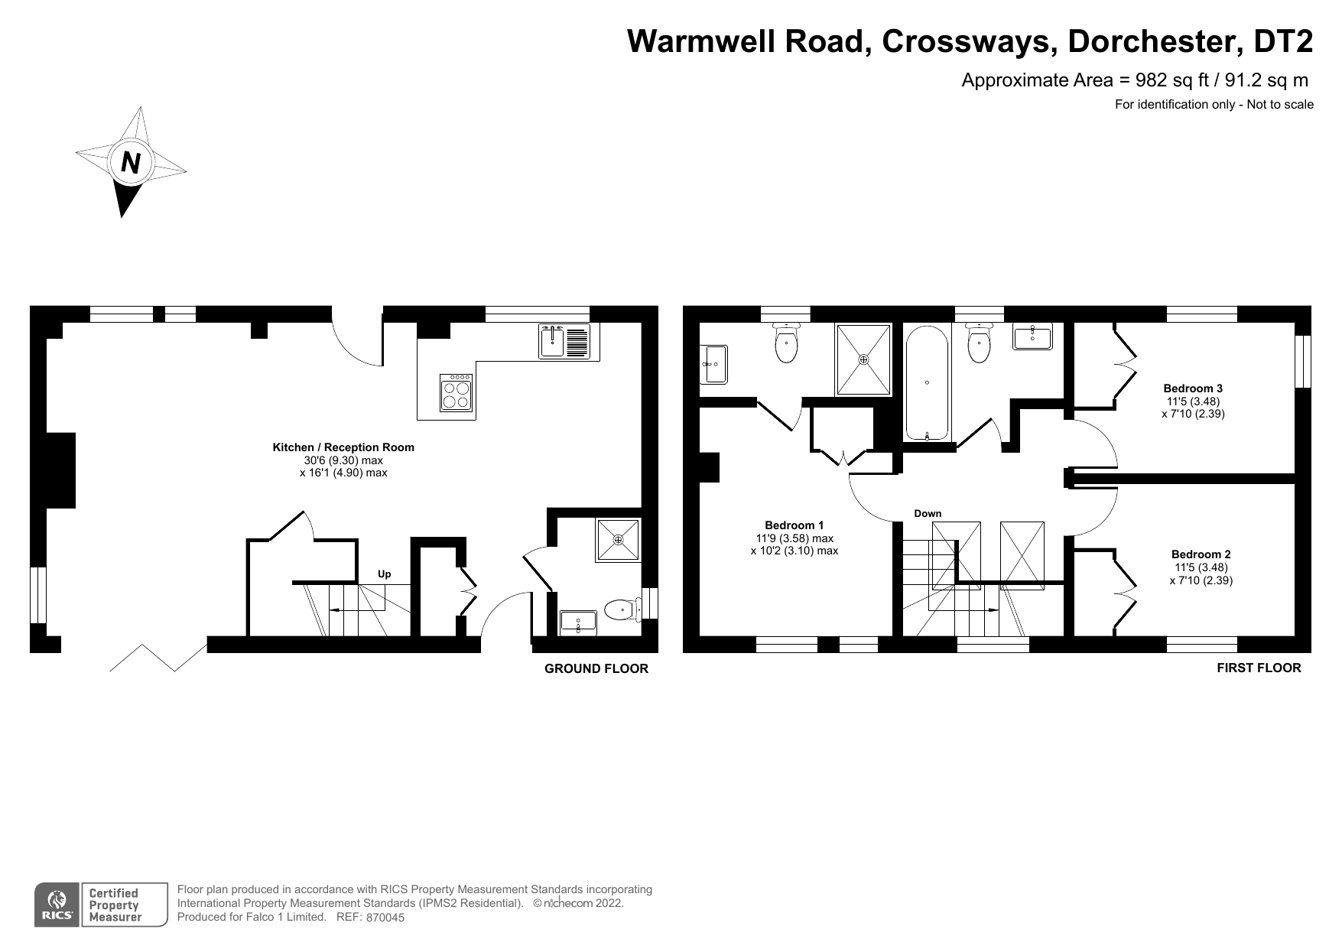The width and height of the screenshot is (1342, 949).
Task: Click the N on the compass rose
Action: tap(131, 162)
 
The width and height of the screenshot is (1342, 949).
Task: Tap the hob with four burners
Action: tap(456, 392)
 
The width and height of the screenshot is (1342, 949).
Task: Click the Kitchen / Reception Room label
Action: tap(343, 447)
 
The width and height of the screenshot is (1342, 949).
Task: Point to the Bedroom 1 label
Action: tap(794, 525)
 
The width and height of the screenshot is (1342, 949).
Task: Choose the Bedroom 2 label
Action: tap(1201, 554)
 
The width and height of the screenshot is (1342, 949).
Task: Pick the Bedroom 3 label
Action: tap(1193, 388)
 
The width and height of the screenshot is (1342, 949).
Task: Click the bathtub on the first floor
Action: tap(928, 383)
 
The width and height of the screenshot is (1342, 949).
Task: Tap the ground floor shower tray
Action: tap(618, 540)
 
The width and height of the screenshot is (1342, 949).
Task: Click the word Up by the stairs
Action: tap(385, 574)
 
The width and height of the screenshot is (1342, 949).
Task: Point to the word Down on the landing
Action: tap(928, 513)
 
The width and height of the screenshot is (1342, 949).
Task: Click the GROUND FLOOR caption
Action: tap(596, 668)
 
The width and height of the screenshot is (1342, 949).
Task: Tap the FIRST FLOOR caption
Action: tap(1259, 668)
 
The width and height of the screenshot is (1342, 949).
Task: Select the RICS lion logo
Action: tap(56, 905)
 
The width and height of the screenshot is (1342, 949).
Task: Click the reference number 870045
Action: tap(385, 918)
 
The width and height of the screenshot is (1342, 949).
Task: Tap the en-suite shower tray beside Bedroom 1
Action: tap(864, 359)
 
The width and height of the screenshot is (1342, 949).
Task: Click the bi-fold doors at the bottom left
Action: tap(158, 658)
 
